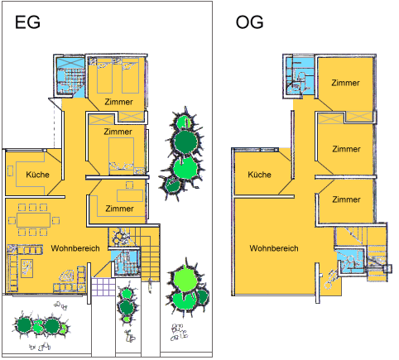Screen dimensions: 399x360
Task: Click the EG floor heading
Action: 27,22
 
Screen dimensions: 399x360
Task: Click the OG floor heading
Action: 249,22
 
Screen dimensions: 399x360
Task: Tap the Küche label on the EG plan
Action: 38,175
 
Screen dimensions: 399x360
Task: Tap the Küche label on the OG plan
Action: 259,175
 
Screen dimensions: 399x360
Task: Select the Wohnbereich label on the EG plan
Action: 75,248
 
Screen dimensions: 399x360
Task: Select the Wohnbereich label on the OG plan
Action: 274,248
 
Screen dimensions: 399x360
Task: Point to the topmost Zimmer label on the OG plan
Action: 345,83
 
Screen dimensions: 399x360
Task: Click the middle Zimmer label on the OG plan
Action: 346,149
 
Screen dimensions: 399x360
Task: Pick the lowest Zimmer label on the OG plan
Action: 346,199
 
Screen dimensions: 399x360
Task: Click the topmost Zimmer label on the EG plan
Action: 118,102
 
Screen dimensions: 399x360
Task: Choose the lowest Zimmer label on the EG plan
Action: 119,209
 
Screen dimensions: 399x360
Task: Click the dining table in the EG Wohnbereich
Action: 34,220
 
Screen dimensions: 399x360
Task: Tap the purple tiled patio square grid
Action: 103,287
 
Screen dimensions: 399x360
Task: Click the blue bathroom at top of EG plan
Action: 70,76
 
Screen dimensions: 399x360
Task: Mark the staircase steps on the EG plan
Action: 150,254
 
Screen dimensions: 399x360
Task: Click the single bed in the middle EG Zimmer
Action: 122,156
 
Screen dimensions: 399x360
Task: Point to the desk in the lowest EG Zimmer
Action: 130,195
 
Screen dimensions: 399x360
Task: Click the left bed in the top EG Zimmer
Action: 104,75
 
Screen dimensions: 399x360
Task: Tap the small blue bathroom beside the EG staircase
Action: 126,262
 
